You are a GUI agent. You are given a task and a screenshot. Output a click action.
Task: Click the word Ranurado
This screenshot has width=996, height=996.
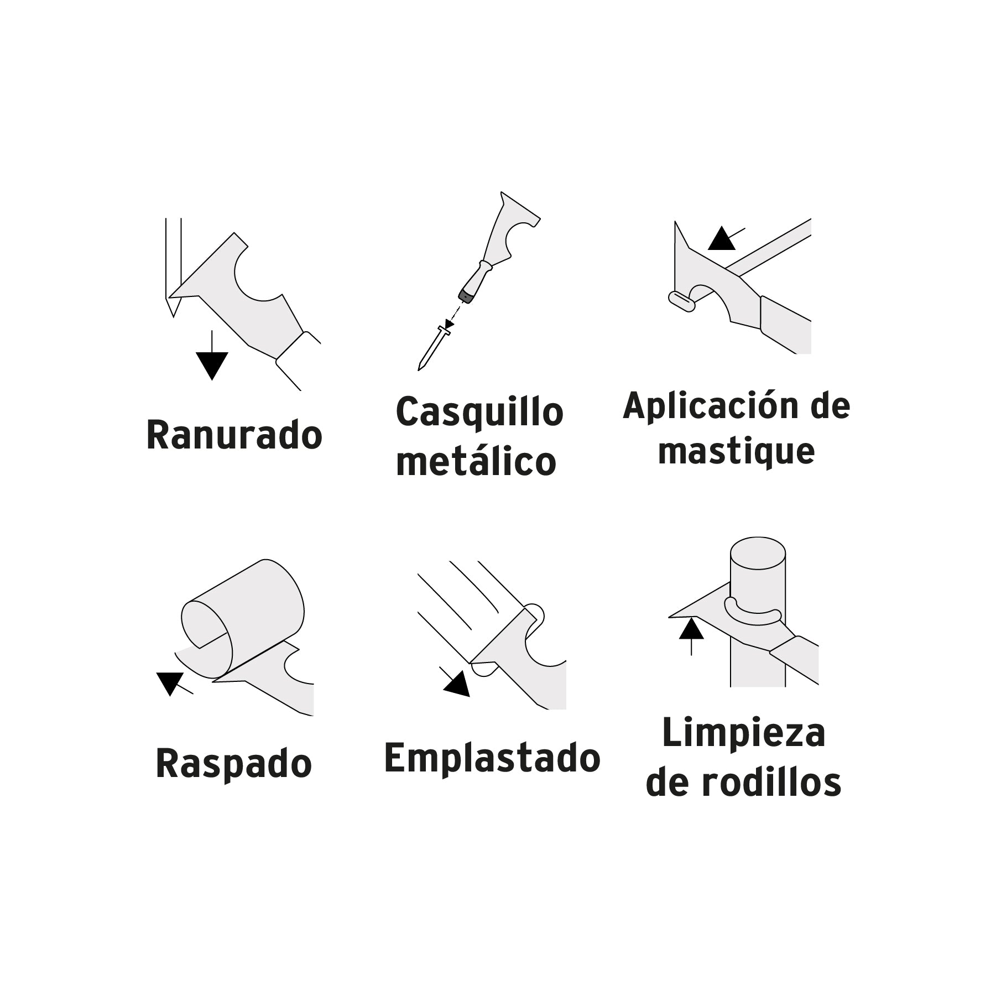point(234,436)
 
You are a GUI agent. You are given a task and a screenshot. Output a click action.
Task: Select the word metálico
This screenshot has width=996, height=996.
point(476,462)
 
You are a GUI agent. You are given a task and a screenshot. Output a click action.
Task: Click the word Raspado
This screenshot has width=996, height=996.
point(234,764)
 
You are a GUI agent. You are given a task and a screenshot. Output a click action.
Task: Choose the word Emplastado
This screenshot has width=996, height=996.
point(492,758)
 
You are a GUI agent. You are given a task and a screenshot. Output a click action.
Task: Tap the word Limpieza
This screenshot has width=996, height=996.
point(743,733)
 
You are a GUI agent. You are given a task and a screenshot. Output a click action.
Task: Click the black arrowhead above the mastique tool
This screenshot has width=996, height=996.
point(721,239)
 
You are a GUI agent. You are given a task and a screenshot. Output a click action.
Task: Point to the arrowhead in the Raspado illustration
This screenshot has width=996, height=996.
point(169,681)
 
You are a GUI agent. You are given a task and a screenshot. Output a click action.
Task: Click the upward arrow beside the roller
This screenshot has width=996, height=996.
point(691,630)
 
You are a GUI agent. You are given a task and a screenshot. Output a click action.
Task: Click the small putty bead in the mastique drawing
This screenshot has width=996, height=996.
point(681,301)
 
